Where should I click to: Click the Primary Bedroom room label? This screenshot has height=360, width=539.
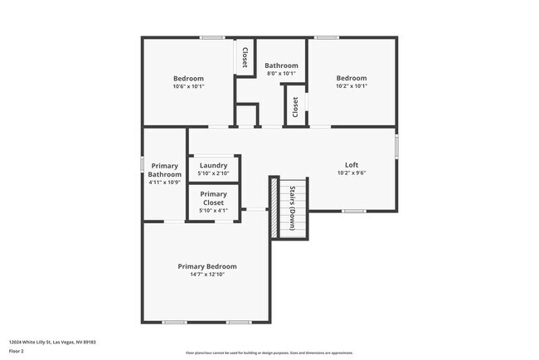207,266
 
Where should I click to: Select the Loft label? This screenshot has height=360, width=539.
352,165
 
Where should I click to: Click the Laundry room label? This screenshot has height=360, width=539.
213,165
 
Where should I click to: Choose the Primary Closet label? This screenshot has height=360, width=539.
213,198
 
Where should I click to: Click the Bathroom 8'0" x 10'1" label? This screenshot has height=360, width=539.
281,66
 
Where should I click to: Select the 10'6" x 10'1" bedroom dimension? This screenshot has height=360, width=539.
188,86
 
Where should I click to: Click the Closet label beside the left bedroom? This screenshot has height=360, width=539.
245,57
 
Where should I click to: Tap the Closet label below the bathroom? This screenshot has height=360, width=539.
295,108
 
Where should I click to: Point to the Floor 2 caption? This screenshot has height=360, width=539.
17,350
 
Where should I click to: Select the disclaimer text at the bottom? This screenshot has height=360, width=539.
269,353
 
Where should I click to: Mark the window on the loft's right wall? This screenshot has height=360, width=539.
396,146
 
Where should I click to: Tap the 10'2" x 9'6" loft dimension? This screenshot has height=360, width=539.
352,173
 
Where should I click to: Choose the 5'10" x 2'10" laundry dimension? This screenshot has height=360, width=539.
213,173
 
